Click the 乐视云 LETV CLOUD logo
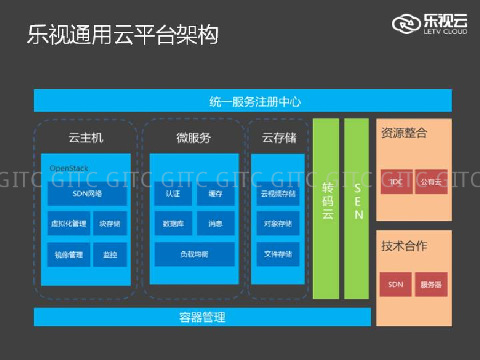(430, 23)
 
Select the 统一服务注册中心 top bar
(243, 101)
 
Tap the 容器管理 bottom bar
(202, 317)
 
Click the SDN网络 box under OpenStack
(87, 193)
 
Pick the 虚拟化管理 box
(69, 224)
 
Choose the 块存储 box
(110, 224)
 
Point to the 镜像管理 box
(69, 255)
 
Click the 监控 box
(110, 255)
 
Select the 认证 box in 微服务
(173, 193)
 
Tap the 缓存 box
(215, 193)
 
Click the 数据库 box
(173, 224)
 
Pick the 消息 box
(215, 224)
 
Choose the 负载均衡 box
(194, 254)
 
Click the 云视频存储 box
(278, 193)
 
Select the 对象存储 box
(278, 224)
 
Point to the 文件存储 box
(278, 254)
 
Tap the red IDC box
(396, 181)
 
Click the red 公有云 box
(431, 181)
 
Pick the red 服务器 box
(431, 284)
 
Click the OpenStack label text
(69, 168)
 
